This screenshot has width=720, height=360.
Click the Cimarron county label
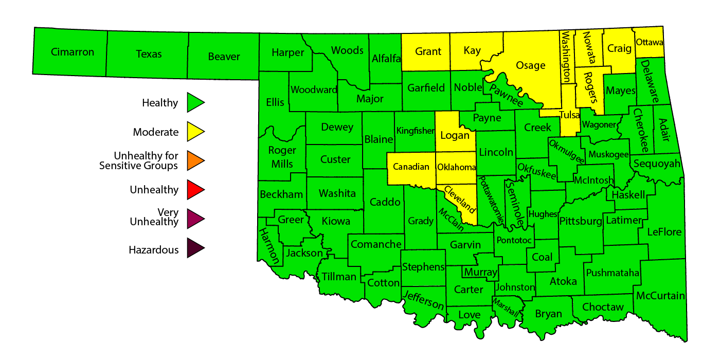coord(73,52)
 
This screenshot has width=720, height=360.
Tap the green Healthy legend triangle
coord(195,102)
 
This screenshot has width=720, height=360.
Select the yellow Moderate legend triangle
coord(195,132)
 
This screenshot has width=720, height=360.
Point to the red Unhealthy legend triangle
coord(195,190)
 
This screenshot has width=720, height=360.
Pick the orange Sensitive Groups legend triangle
coord(195,160)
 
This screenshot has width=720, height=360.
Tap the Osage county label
coord(530,65)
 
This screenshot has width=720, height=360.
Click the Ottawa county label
coord(650,42)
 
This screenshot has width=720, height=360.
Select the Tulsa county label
coord(569,115)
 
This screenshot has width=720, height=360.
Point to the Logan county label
coord(455,136)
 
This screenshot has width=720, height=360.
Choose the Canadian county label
coord(411,167)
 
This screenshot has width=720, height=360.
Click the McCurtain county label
coord(660,296)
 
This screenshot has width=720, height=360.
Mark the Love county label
coord(469,315)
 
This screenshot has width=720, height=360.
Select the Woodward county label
coord(314,90)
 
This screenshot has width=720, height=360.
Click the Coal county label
coord(542,257)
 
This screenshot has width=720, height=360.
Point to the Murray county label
coord(480,272)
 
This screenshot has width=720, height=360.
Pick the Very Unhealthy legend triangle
coord(195,219)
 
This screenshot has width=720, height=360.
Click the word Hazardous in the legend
coord(154,250)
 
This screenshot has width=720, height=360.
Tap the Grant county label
coord(428,51)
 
